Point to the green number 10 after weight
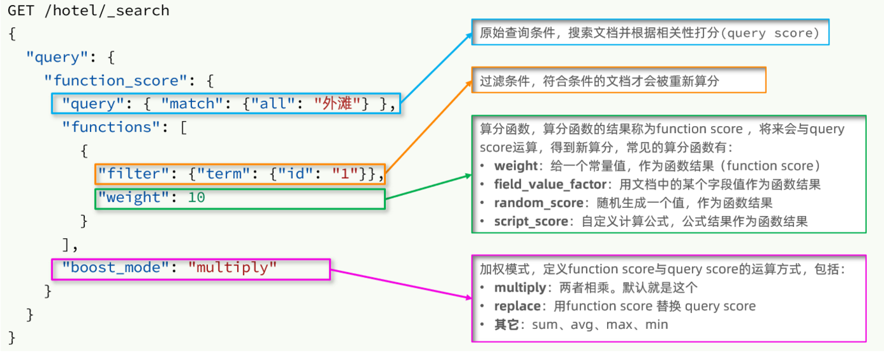pyautogui.click(x=196, y=197)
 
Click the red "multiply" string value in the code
pyautogui.click(x=233, y=267)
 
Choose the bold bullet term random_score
pyautogui.click(x=539, y=203)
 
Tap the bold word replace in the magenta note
pyautogui.click(x=517, y=306)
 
